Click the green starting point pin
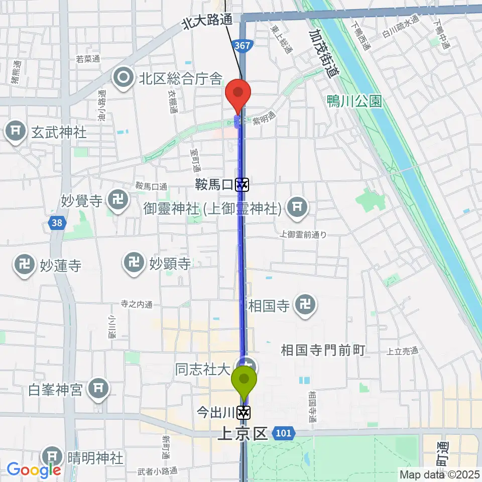245,380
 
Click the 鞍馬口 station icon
243,185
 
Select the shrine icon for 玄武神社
16,133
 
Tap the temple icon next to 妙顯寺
134,263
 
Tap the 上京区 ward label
243,434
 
